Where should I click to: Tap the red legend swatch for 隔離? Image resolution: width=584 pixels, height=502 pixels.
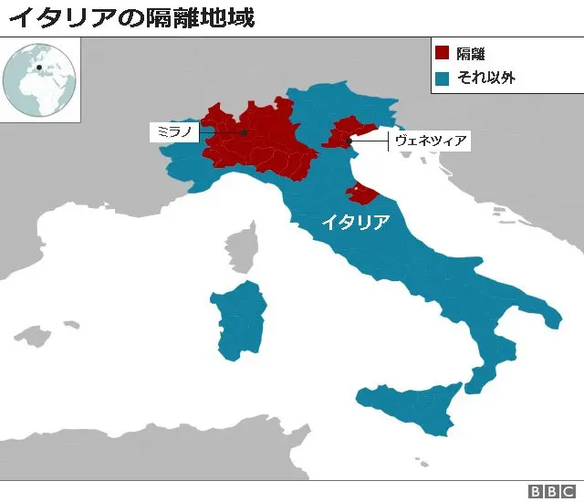[x=443, y=54]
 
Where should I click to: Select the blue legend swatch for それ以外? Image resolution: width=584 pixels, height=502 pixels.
[x=443, y=78]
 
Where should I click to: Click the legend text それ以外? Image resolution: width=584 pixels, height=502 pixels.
[x=486, y=78]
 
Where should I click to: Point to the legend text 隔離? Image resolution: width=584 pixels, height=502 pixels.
[x=471, y=54]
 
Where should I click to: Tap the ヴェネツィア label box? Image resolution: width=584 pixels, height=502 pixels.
[x=430, y=141]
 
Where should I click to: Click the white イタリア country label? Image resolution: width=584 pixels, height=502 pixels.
[x=354, y=222]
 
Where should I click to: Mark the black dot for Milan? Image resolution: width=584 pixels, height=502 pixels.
[x=245, y=133]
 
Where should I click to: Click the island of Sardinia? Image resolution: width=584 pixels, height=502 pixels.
[x=239, y=319]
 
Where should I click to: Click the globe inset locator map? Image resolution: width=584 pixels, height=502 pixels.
[x=40, y=79]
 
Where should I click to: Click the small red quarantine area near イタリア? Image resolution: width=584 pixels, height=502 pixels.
[x=359, y=192]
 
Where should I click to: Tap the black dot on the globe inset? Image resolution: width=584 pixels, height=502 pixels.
[x=39, y=66]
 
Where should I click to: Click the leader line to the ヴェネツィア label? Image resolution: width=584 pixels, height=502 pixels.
[x=370, y=141]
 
